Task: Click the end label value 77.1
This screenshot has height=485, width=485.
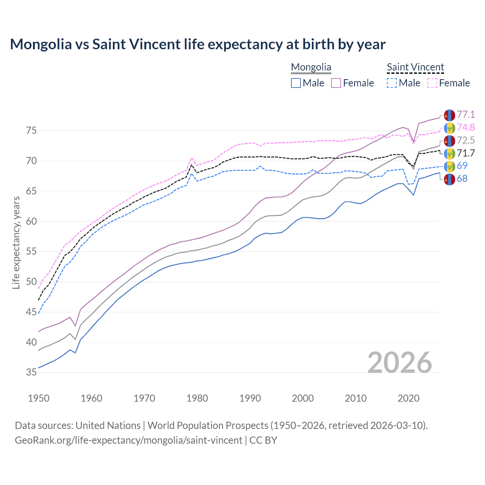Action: tap(466, 115)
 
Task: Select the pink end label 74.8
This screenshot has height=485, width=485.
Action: tap(466, 128)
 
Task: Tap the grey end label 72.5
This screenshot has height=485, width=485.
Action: tap(466, 141)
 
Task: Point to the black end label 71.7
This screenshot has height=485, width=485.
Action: tap(466, 153)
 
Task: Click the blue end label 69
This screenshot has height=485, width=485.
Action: tap(462, 166)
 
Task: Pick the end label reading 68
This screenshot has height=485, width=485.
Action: tap(462, 179)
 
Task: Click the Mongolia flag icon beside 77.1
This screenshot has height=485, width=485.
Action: tap(449, 115)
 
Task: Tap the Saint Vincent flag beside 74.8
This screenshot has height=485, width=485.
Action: tap(449, 128)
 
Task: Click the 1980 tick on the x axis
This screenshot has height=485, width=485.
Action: tap(197, 398)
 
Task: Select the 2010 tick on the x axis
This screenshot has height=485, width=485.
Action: tap(355, 398)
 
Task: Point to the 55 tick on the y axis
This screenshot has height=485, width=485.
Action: tap(31, 252)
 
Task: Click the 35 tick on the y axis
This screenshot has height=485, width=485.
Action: tap(31, 372)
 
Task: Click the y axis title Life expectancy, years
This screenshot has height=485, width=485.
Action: tap(16, 242)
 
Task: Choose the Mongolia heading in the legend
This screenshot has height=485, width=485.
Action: tap(311, 67)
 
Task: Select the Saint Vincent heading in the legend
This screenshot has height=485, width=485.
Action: tap(415, 67)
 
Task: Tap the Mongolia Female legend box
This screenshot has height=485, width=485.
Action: tap(336, 83)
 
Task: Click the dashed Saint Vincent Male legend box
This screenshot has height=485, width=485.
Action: tap(392, 83)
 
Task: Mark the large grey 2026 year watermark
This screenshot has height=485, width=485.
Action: tap(400, 363)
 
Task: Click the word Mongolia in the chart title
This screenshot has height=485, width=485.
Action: tap(41, 44)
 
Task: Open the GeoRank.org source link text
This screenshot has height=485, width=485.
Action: tap(128, 440)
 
